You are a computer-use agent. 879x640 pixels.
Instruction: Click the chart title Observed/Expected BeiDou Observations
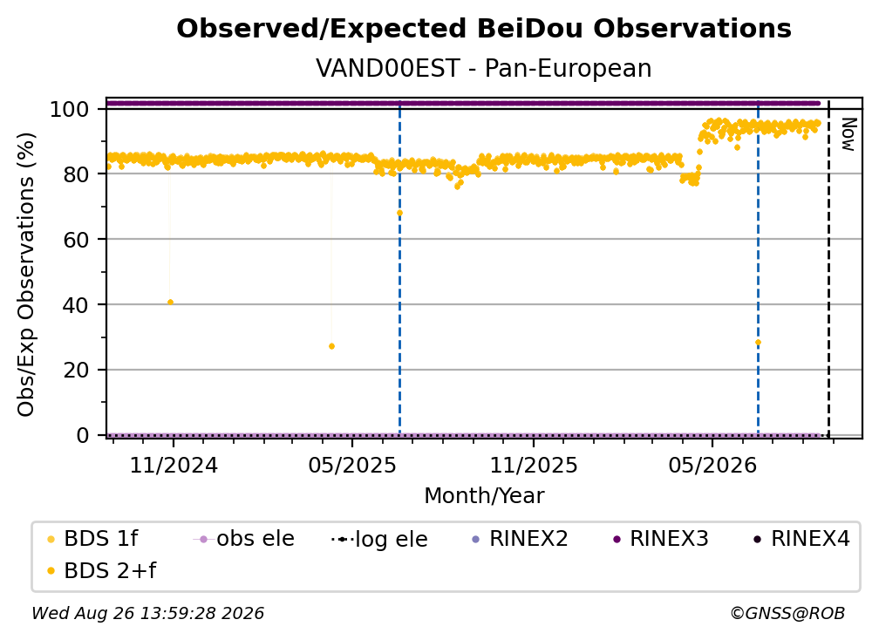[484, 29]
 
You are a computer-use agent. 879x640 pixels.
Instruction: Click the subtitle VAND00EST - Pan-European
[484, 68]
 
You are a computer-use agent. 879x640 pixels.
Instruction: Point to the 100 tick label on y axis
[70, 109]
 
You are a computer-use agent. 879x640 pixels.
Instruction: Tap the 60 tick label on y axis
[76, 239]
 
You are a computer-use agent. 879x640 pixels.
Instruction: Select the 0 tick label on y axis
[83, 435]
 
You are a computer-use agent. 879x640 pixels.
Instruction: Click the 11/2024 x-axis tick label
[174, 465]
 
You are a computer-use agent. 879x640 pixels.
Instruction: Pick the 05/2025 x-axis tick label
[352, 465]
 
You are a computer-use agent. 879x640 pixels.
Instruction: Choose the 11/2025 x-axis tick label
[534, 465]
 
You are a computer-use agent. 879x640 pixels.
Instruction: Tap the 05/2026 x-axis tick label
[712, 465]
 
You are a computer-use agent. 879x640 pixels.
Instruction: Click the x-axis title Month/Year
[484, 496]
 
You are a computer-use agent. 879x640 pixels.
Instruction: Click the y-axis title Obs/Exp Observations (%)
[26, 275]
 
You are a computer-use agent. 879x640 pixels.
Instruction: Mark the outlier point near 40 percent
[170, 302]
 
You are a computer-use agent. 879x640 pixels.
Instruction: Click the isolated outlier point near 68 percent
[399, 213]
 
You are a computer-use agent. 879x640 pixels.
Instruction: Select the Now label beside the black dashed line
[848, 134]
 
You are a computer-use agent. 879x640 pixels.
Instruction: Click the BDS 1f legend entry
[93, 539]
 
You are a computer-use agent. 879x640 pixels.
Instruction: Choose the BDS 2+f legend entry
[101, 570]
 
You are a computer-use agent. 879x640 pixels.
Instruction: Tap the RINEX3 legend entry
[661, 539]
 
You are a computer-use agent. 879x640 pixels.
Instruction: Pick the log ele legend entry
[379, 539]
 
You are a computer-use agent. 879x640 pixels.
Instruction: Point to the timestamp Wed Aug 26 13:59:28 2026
[148, 613]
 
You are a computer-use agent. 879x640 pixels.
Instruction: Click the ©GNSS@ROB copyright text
[787, 613]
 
